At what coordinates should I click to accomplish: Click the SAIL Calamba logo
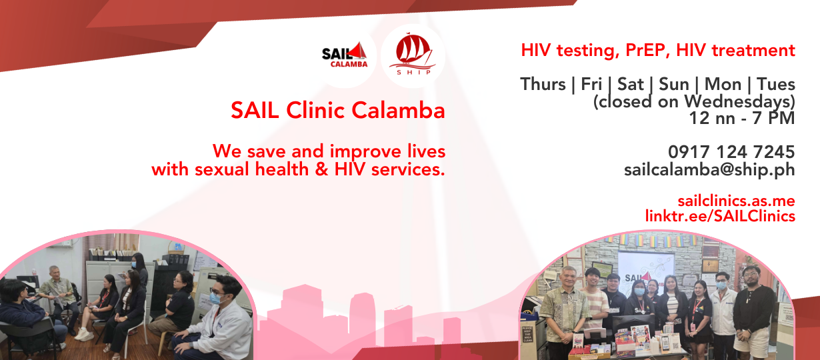click(345, 55)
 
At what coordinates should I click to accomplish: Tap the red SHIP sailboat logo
click(413, 54)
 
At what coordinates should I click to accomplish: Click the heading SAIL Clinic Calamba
click(338, 110)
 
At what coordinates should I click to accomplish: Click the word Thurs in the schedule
click(543, 84)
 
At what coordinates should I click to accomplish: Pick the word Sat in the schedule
click(631, 84)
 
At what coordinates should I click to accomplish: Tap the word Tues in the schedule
click(776, 84)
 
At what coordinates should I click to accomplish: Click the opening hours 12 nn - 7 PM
click(742, 118)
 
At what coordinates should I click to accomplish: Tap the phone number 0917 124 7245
click(731, 151)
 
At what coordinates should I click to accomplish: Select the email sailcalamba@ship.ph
click(709, 169)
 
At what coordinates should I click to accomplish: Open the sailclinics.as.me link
click(736, 201)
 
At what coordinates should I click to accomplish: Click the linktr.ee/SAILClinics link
click(720, 216)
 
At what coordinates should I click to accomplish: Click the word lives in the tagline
click(426, 151)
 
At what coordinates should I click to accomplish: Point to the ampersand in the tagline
click(321, 169)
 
